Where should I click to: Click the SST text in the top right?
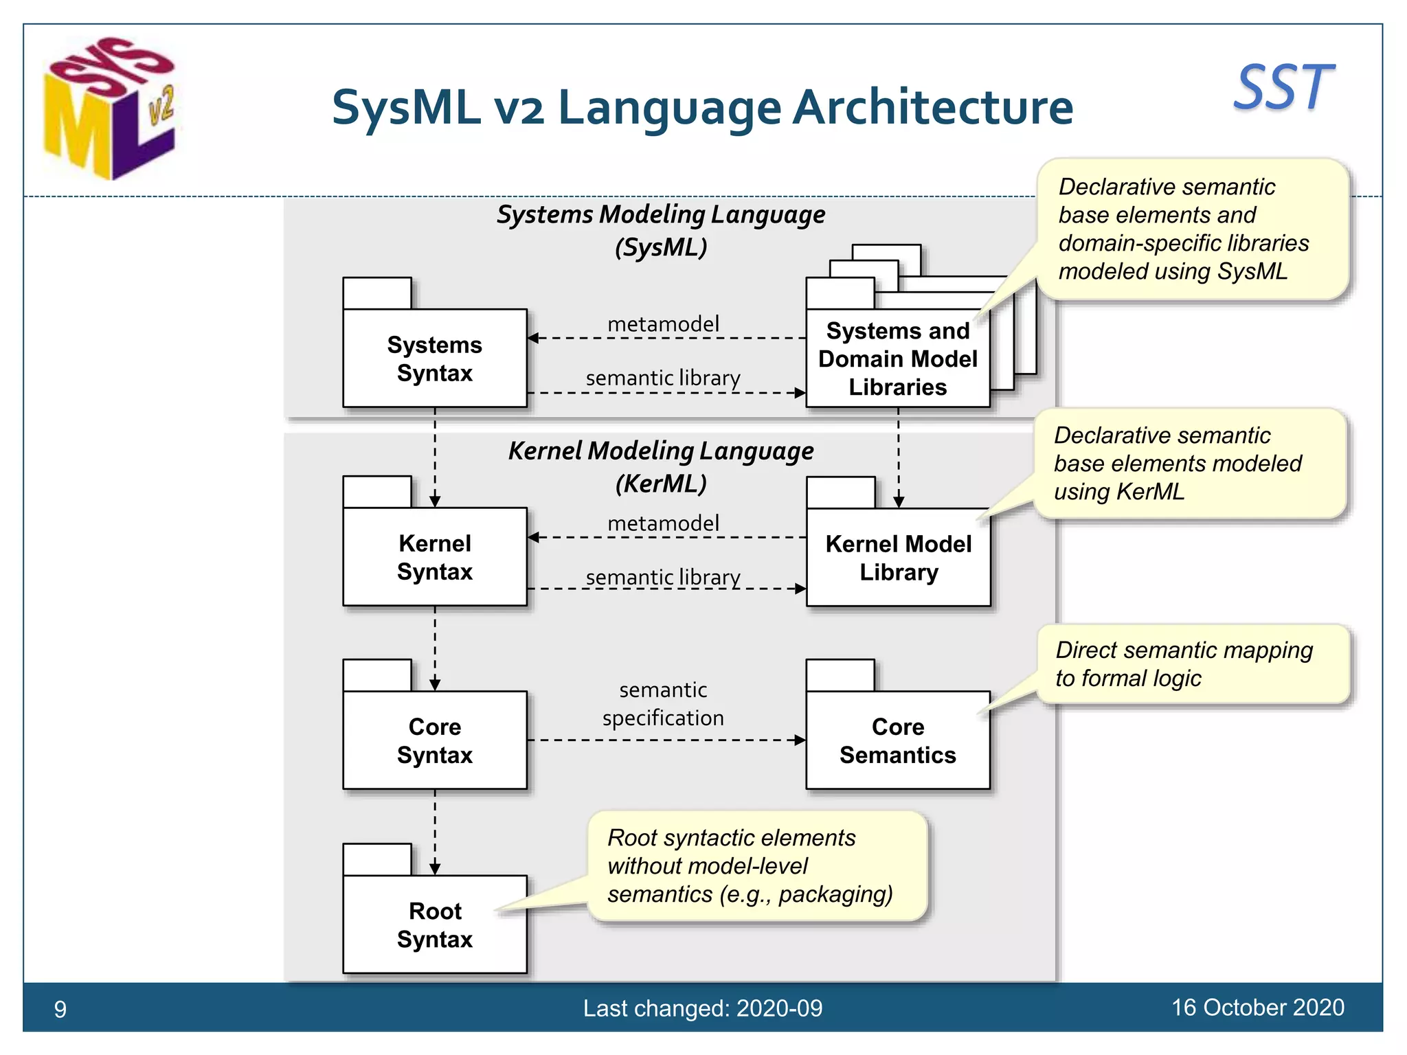coord(1283,88)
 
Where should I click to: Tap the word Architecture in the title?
coord(932,108)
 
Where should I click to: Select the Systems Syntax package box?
coord(434,358)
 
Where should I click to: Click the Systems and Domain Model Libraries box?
coord(897,359)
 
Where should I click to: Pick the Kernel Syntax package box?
coord(434,557)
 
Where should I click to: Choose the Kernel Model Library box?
coord(898,557)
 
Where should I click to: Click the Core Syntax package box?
coord(434,740)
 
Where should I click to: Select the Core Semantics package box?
coord(897,740)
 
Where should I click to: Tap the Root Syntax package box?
coord(434,924)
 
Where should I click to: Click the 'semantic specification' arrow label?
coord(663,703)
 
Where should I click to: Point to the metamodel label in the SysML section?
coord(663,324)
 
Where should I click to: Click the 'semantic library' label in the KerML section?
coord(663,577)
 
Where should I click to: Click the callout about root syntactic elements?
coord(756,865)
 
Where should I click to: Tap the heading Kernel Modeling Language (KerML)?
coord(661,467)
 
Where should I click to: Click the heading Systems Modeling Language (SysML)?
coord(661,230)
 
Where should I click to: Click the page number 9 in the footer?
coord(60,1009)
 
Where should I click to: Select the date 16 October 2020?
coord(1257,1008)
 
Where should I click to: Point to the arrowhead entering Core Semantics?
coord(800,740)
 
